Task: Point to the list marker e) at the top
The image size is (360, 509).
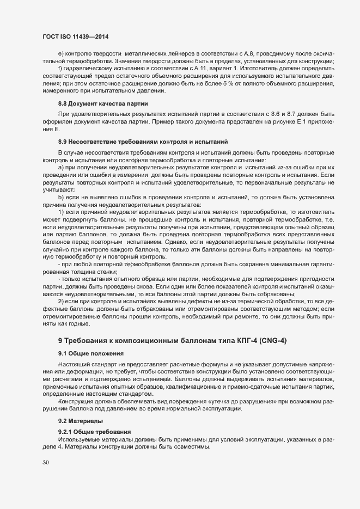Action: click(x=60, y=55)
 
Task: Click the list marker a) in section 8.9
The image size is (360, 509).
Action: click(x=61, y=168)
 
